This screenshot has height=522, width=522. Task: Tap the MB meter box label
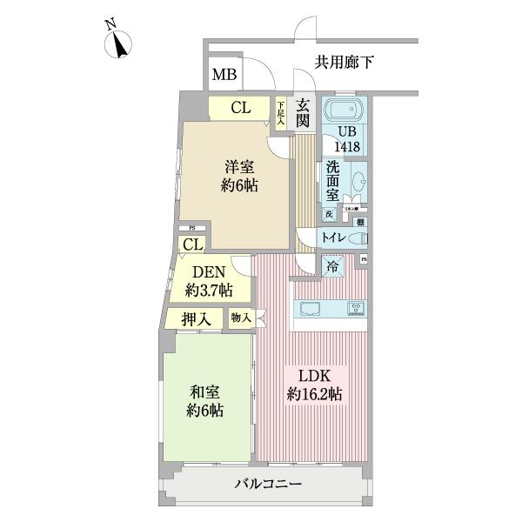224,76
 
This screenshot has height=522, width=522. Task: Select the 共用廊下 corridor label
345,62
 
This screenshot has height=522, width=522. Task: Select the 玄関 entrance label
304,112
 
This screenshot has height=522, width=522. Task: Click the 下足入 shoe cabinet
281,112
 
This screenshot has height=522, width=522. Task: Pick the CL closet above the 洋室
241,108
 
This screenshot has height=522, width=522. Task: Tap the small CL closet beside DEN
193,244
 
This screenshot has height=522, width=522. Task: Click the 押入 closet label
196,319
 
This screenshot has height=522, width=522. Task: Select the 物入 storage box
241,319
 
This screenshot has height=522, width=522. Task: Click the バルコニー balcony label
268,484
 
